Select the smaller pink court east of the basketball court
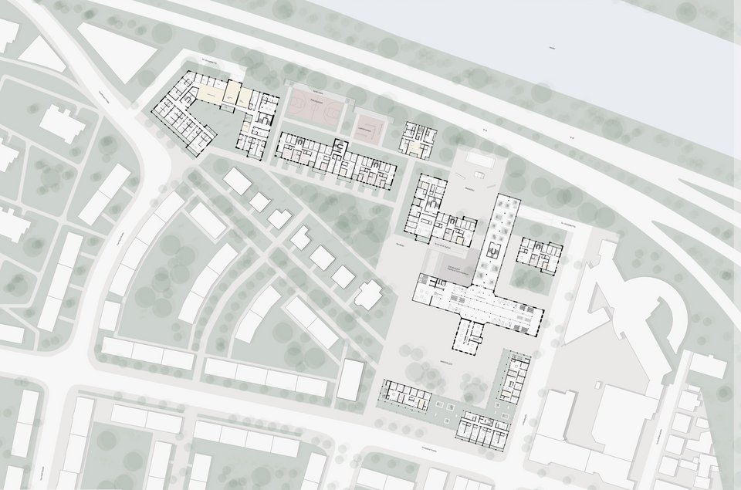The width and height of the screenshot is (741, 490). point(370,127)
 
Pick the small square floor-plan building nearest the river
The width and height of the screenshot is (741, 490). point(418,140)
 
